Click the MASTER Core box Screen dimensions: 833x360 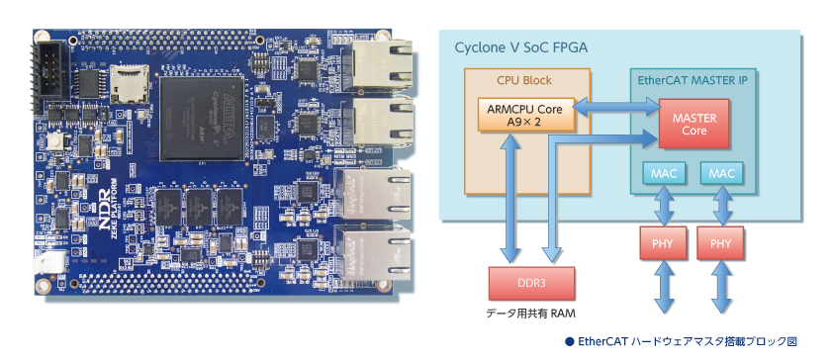694,124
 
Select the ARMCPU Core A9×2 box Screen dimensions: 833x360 526,114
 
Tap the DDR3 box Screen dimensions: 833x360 531,283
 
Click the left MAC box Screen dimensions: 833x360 664,173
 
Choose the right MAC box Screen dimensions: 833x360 721,173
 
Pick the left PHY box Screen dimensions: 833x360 663,243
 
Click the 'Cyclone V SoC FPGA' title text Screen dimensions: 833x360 520,47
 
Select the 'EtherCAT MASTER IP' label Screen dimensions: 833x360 693,81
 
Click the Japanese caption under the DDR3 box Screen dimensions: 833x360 530,314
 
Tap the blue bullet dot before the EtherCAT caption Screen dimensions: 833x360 570,342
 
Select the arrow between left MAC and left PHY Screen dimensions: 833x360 664,206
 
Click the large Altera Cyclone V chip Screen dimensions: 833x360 202,119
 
